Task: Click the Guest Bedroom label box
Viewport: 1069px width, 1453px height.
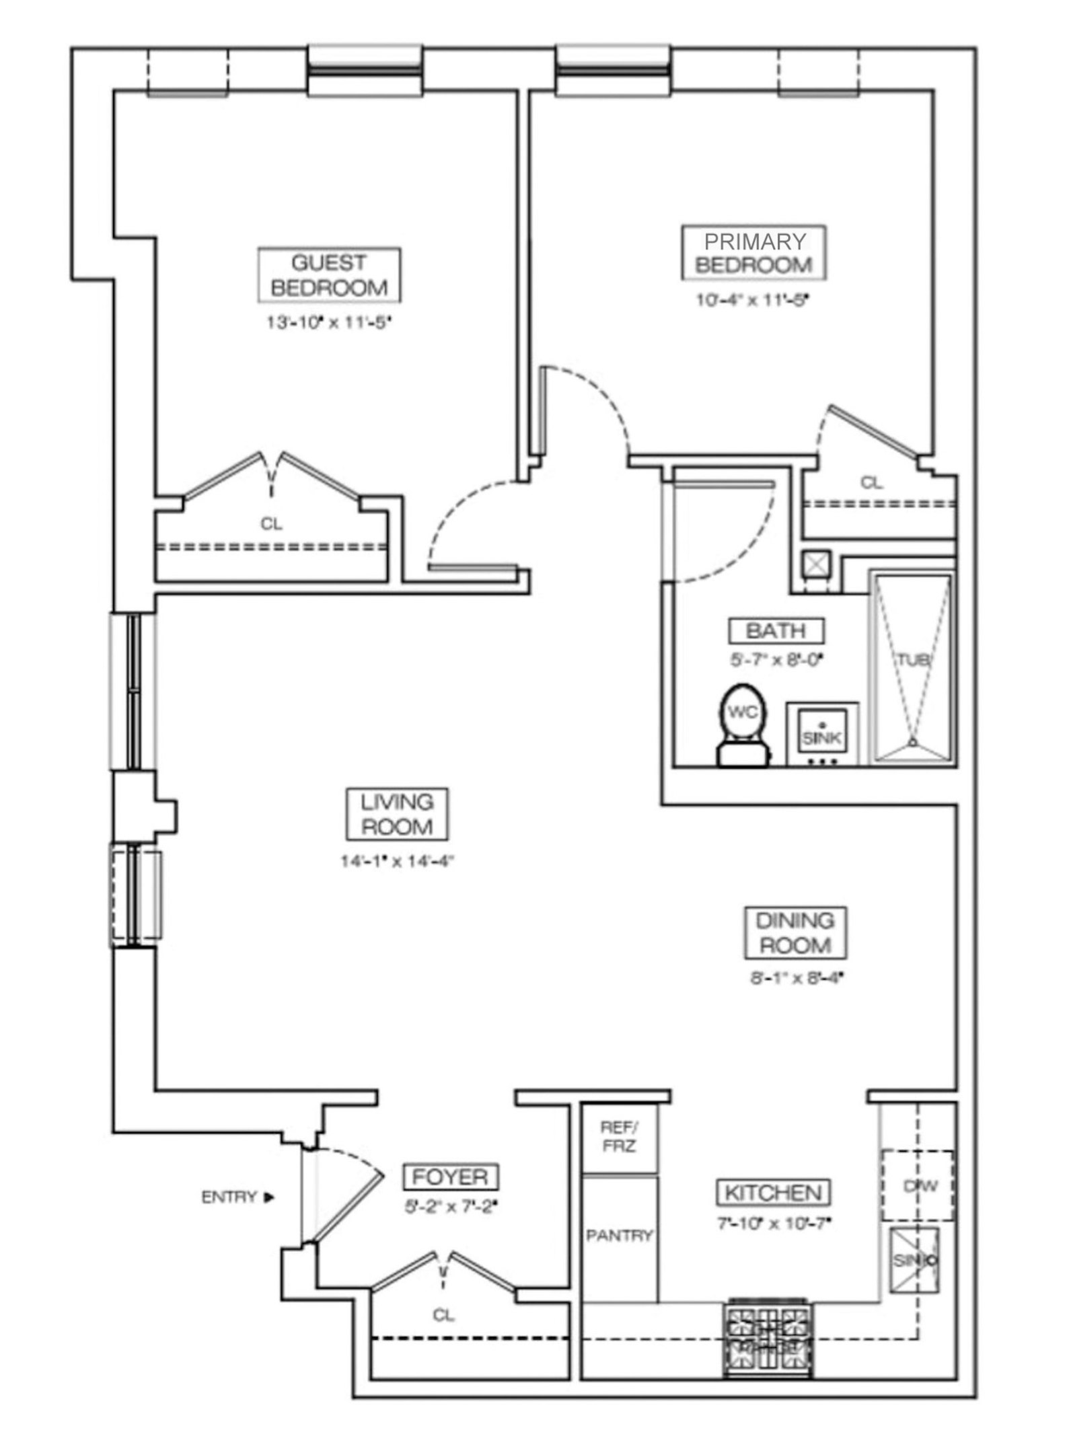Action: (330, 275)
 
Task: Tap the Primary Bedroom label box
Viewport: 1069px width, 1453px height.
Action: (753, 253)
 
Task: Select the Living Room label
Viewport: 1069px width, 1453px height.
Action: (397, 815)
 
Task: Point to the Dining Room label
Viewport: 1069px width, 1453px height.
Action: (795, 933)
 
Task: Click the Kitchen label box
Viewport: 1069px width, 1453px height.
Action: (773, 1193)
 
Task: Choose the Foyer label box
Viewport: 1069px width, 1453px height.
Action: (450, 1177)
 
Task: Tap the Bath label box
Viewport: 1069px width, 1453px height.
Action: (776, 631)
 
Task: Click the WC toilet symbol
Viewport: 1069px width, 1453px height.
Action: (743, 724)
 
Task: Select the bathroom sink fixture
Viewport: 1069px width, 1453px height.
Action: (822, 735)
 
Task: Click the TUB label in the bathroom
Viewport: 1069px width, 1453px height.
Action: (912, 660)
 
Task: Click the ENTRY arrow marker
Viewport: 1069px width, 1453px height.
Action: (270, 1197)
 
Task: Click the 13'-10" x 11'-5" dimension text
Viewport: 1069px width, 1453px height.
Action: (328, 322)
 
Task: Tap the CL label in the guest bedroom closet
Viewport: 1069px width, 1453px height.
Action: (272, 523)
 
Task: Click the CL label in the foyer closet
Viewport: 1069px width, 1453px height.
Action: (443, 1314)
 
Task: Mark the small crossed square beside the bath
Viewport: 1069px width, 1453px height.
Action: (817, 564)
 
